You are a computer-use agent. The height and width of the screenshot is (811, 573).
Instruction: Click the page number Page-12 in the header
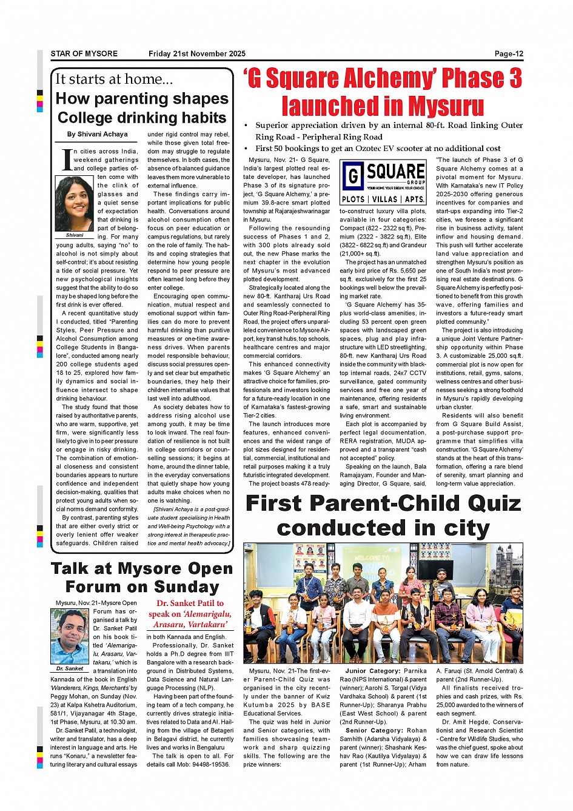click(x=508, y=53)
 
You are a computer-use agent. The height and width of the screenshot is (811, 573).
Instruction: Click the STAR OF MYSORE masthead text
click(x=84, y=53)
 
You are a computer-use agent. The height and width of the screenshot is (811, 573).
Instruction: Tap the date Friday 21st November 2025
click(x=197, y=53)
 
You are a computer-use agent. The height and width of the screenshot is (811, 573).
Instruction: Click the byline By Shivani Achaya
click(x=98, y=134)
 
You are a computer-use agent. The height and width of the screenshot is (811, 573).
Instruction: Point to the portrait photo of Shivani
click(x=74, y=204)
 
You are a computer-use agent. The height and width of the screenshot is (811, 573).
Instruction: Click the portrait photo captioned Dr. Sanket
click(x=70, y=636)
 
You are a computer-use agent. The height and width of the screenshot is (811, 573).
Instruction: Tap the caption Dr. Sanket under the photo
click(x=70, y=668)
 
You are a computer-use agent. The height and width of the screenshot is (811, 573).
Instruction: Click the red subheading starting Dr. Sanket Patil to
click(x=190, y=613)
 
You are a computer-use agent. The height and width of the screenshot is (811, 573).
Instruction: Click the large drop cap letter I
click(x=67, y=160)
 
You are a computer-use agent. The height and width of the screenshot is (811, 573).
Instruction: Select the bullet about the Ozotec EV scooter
click(x=377, y=148)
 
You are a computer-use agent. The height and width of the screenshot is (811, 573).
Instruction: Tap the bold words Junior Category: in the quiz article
click(x=372, y=671)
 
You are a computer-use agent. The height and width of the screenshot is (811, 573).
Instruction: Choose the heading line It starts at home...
click(x=114, y=79)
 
